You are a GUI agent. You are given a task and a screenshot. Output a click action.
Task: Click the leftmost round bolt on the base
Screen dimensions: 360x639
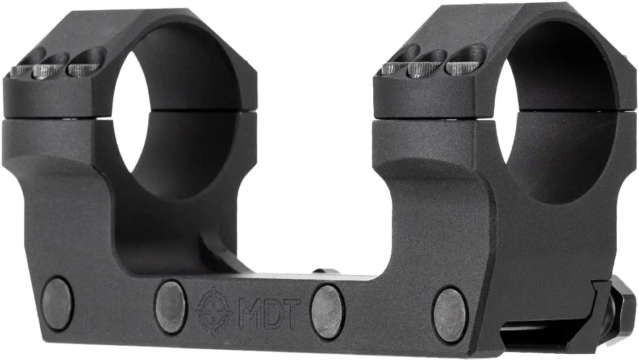tap(57, 303)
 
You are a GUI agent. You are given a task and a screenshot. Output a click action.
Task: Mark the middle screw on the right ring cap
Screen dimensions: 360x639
tap(421, 69)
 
